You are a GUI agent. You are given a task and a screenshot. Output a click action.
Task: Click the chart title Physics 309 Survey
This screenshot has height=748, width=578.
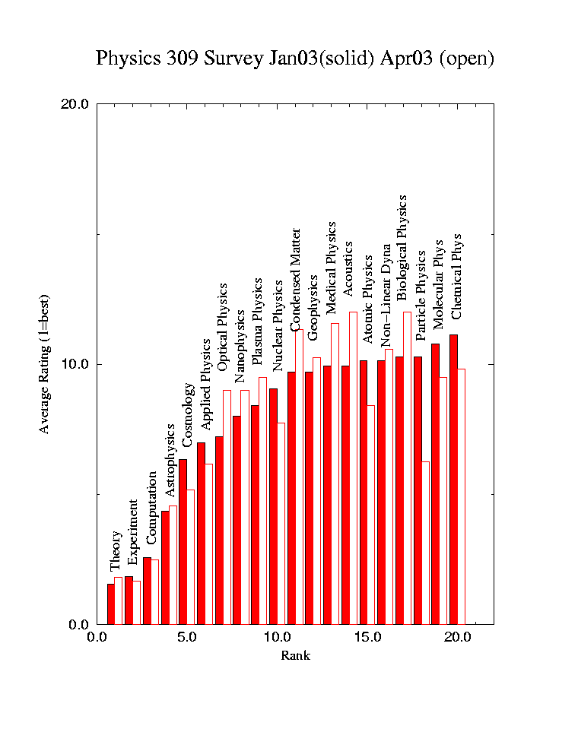pos(295,59)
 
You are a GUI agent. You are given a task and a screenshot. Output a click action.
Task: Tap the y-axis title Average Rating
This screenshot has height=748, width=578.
pos(44,363)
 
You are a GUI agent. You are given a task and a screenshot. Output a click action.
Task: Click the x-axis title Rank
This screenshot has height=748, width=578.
pos(295,655)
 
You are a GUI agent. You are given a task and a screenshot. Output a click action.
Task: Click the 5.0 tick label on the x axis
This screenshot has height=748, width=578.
pos(187,638)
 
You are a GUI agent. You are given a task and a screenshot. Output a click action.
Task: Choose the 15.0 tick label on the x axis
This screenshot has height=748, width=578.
pos(367,638)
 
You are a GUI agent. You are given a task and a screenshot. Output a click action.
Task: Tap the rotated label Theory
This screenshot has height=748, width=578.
pos(116,551)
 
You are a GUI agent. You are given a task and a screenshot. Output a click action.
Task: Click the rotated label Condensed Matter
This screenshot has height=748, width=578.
pos(296,279)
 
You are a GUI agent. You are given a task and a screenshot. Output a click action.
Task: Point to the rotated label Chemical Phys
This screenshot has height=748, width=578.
pos(456,276)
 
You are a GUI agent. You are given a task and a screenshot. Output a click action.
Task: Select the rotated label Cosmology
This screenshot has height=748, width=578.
pos(187,414)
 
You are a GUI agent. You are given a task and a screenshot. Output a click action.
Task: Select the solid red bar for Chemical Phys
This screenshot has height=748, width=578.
pos(453,479)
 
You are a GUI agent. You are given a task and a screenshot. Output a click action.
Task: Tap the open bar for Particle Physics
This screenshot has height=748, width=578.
pos(426,543)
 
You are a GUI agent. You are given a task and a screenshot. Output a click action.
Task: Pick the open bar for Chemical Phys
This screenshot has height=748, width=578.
pos(461,496)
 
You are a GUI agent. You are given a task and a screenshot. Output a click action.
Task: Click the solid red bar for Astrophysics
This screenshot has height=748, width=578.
pos(165,567)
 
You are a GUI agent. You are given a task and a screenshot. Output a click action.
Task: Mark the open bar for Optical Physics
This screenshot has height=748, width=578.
pos(227,507)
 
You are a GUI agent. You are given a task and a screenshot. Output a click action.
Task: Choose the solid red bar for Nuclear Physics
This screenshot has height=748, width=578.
pos(273,506)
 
